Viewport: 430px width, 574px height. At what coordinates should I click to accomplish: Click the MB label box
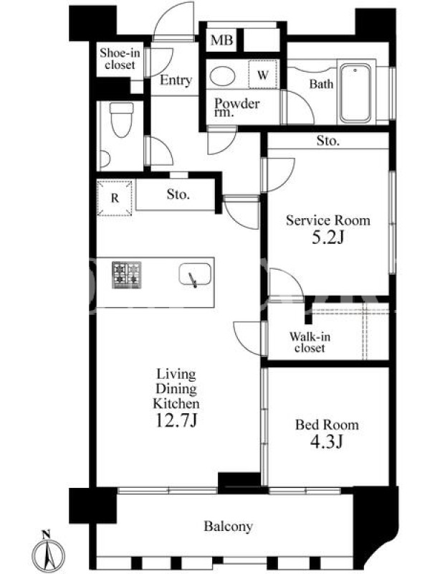click(x=221, y=39)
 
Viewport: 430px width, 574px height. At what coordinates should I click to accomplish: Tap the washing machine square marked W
click(x=263, y=75)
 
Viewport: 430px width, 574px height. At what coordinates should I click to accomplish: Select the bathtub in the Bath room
click(x=355, y=94)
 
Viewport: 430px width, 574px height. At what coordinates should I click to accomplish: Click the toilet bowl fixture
click(x=121, y=119)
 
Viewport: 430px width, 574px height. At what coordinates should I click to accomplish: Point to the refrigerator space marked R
click(x=115, y=198)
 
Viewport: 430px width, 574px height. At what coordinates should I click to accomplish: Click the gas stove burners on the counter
click(x=127, y=275)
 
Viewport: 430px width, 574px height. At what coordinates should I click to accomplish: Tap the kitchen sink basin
click(x=195, y=275)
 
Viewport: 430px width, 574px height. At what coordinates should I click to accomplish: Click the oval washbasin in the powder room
click(x=222, y=76)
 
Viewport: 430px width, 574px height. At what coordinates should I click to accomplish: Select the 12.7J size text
click(x=176, y=420)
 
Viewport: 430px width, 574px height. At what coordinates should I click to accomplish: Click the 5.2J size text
click(x=328, y=237)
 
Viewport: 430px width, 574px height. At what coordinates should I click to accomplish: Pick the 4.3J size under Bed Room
click(x=327, y=441)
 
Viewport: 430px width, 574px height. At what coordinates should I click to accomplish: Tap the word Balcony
click(x=228, y=526)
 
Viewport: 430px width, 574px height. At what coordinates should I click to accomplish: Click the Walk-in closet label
click(x=310, y=342)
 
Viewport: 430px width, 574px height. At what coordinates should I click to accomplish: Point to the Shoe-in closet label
click(x=120, y=59)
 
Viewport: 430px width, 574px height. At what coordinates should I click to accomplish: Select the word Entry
click(x=176, y=80)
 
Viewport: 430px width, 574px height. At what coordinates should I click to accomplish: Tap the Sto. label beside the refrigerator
click(x=178, y=194)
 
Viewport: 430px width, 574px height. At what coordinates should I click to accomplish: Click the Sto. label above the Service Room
click(x=328, y=141)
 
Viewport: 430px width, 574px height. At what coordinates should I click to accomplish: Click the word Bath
click(x=321, y=84)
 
